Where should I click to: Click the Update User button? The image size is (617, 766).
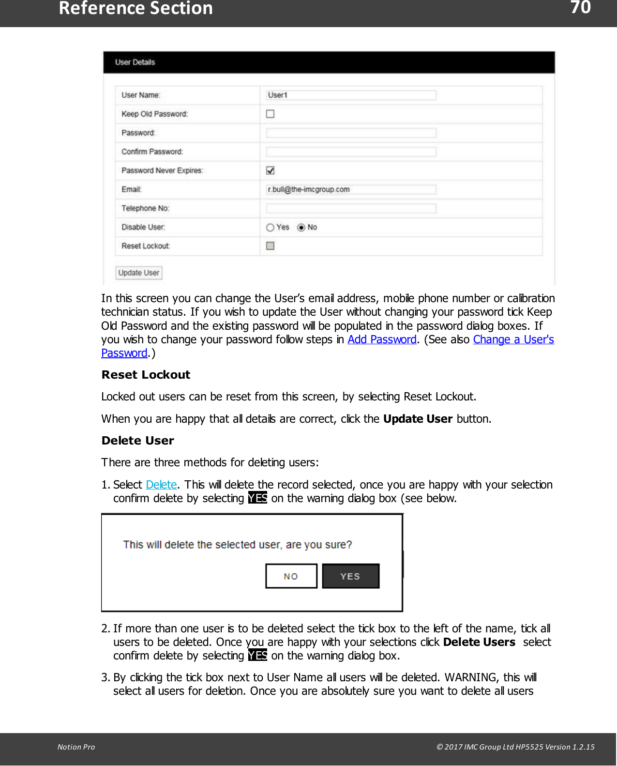138,273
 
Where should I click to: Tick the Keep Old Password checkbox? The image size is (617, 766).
270,114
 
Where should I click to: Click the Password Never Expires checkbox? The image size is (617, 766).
270,170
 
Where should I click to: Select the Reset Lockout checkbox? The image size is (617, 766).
270,246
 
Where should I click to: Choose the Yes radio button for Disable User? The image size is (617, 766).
270,228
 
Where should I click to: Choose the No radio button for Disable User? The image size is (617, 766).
301,228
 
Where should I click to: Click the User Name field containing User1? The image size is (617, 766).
351,95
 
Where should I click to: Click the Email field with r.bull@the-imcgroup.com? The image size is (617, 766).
351,189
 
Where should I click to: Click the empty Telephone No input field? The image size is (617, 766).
351,208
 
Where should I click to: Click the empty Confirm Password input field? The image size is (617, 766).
351,152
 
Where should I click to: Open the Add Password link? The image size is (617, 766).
382,339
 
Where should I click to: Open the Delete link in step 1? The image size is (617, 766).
161,485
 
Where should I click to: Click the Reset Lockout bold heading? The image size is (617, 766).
146,375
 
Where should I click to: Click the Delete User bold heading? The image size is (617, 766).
137,441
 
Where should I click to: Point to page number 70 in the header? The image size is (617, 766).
580,8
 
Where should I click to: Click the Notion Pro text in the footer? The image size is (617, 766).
76,747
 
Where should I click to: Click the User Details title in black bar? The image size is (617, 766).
135,62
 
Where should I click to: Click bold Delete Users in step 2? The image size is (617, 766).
479,642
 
